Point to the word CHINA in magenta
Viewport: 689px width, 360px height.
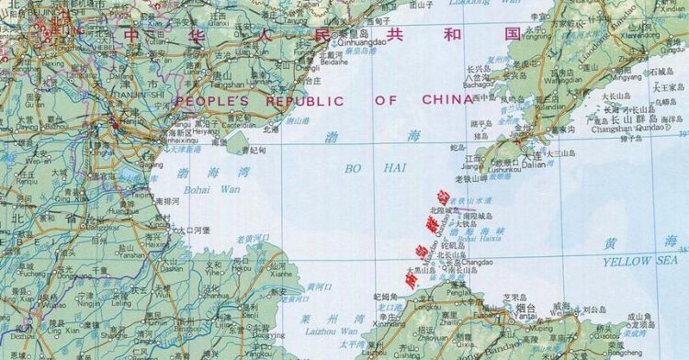pos(448,100)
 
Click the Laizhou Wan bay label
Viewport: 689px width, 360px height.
pos(336,331)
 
